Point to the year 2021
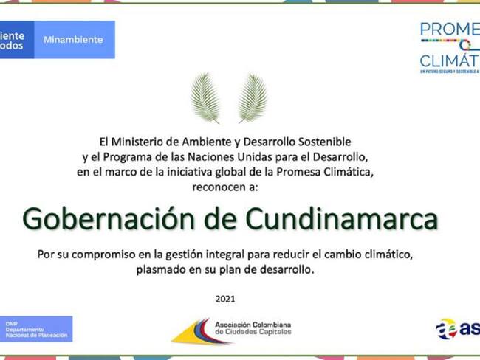pyautogui.click(x=225, y=299)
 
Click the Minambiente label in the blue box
pyautogui.click(x=73, y=40)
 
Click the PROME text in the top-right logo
pyautogui.click(x=449, y=30)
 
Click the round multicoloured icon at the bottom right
pyautogui.click(x=446, y=329)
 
